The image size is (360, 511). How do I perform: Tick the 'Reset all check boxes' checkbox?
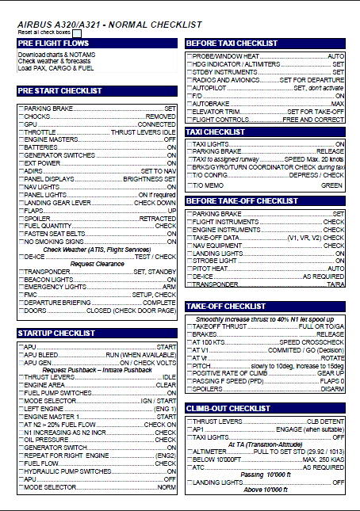tap(87, 32)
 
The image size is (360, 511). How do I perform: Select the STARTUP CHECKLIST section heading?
tap(52, 334)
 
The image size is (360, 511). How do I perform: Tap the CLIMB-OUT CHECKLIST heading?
tap(228, 408)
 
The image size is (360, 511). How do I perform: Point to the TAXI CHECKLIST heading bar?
tap(215, 132)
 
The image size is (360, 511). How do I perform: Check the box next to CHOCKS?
tap(21, 116)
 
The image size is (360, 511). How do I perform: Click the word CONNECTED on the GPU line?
tap(157, 124)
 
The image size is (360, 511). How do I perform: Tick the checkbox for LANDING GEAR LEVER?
tap(21, 203)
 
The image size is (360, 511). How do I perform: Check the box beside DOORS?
tap(21, 311)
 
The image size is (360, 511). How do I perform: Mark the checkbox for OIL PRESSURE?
tap(21, 440)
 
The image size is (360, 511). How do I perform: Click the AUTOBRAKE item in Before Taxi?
tap(209, 104)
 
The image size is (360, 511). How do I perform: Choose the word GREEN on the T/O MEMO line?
tap(331, 185)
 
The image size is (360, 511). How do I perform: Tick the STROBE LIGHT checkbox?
tap(189, 260)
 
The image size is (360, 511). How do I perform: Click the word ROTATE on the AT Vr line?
tap(331, 358)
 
